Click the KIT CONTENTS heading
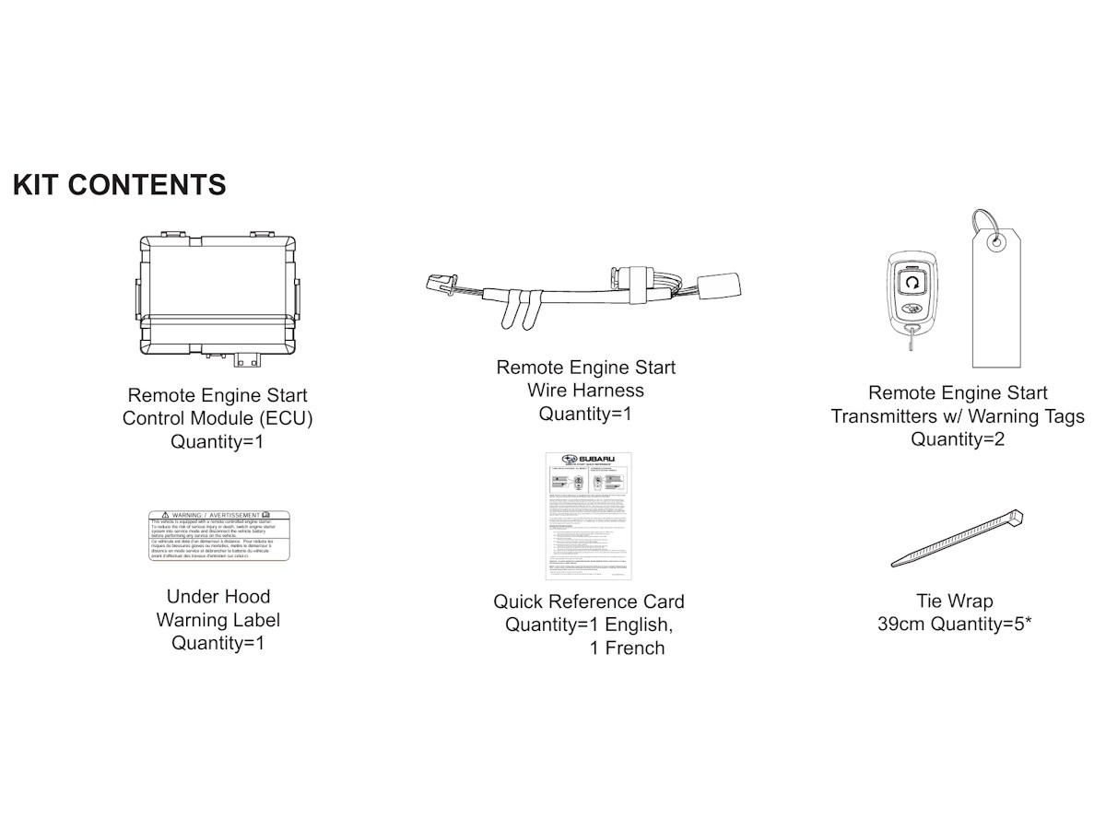[x=120, y=184]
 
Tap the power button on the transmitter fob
[x=912, y=282]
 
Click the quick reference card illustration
[x=588, y=516]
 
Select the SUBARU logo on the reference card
[x=590, y=460]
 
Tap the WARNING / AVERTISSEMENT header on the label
[x=219, y=514]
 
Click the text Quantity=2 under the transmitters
[x=958, y=439]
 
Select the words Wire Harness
[x=585, y=391]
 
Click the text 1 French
[x=627, y=648]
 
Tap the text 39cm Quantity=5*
[x=954, y=625]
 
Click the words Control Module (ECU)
[x=218, y=418]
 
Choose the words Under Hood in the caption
[x=218, y=597]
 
